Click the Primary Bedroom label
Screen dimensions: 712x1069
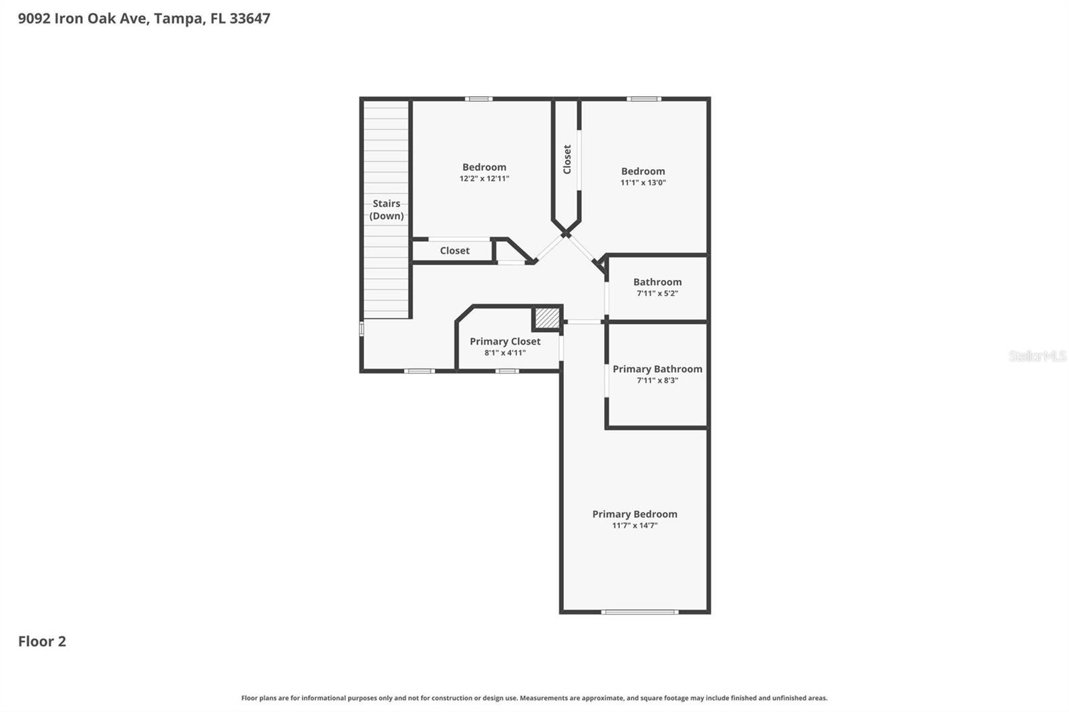[634, 514]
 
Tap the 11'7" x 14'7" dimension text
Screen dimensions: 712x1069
[634, 526]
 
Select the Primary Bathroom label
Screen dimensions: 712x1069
[657, 369]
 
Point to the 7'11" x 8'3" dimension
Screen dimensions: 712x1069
[657, 381]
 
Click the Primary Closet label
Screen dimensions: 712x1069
[504, 341]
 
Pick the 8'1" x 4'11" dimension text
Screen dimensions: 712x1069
[504, 353]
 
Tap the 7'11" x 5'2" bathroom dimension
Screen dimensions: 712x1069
[657, 293]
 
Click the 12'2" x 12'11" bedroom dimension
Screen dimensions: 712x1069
[484, 179]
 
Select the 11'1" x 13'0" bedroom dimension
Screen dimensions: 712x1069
[643, 182]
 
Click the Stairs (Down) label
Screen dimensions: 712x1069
[386, 209]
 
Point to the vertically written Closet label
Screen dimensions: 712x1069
[567, 160]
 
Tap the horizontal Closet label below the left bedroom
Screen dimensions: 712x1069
[454, 250]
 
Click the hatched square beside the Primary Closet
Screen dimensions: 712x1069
[547, 318]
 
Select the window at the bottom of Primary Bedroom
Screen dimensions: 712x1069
[639, 612]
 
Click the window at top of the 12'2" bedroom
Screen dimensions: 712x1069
[478, 99]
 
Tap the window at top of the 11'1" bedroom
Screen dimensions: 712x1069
[643, 99]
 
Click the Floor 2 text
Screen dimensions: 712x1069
[42, 641]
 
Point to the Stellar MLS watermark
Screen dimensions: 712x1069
[1037, 356]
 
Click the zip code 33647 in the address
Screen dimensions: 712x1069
[250, 18]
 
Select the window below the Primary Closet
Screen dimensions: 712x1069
[506, 371]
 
